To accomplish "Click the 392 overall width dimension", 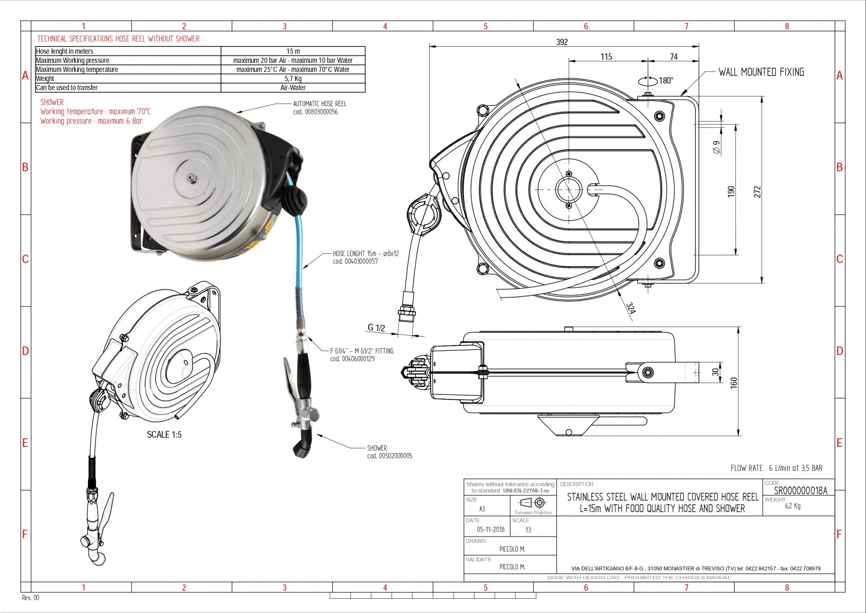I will click(562, 42).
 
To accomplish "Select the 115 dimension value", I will click(606, 57).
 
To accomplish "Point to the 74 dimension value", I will click(674, 57).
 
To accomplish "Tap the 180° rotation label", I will click(666, 81).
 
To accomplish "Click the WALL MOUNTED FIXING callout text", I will click(761, 72).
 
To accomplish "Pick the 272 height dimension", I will click(757, 192).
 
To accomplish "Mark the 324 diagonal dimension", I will click(631, 308).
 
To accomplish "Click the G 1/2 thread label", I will click(376, 328).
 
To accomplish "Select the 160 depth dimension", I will click(734, 382).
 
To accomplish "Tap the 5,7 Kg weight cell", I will click(293, 78).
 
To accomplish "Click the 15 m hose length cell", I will click(293, 51).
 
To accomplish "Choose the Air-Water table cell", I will click(293, 88).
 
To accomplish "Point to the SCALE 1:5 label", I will click(164, 434).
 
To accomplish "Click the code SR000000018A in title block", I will click(800, 490).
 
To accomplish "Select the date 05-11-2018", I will click(491, 529).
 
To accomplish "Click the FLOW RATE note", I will click(776, 468).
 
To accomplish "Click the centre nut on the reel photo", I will click(191, 178).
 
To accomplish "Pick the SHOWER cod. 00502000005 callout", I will click(389, 452).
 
